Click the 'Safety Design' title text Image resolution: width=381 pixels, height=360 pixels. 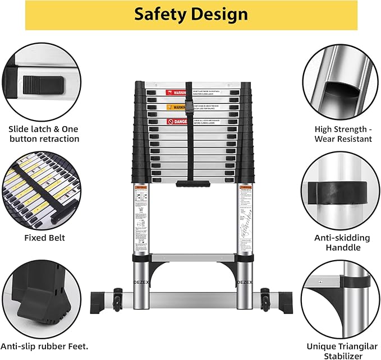(x=191, y=15)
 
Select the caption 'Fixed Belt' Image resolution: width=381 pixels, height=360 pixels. (x=44, y=238)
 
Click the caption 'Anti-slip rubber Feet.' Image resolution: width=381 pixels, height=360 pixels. (x=44, y=346)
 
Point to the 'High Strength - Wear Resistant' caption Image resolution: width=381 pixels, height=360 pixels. (x=343, y=134)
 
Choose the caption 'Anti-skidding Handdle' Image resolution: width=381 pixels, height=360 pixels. (x=343, y=242)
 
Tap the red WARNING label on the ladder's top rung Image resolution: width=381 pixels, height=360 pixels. (x=175, y=93)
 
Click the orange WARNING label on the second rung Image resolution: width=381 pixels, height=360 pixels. (x=175, y=107)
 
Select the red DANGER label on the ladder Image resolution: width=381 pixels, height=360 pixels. (x=175, y=121)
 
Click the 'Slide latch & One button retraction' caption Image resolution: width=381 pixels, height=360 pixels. (x=44, y=134)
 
